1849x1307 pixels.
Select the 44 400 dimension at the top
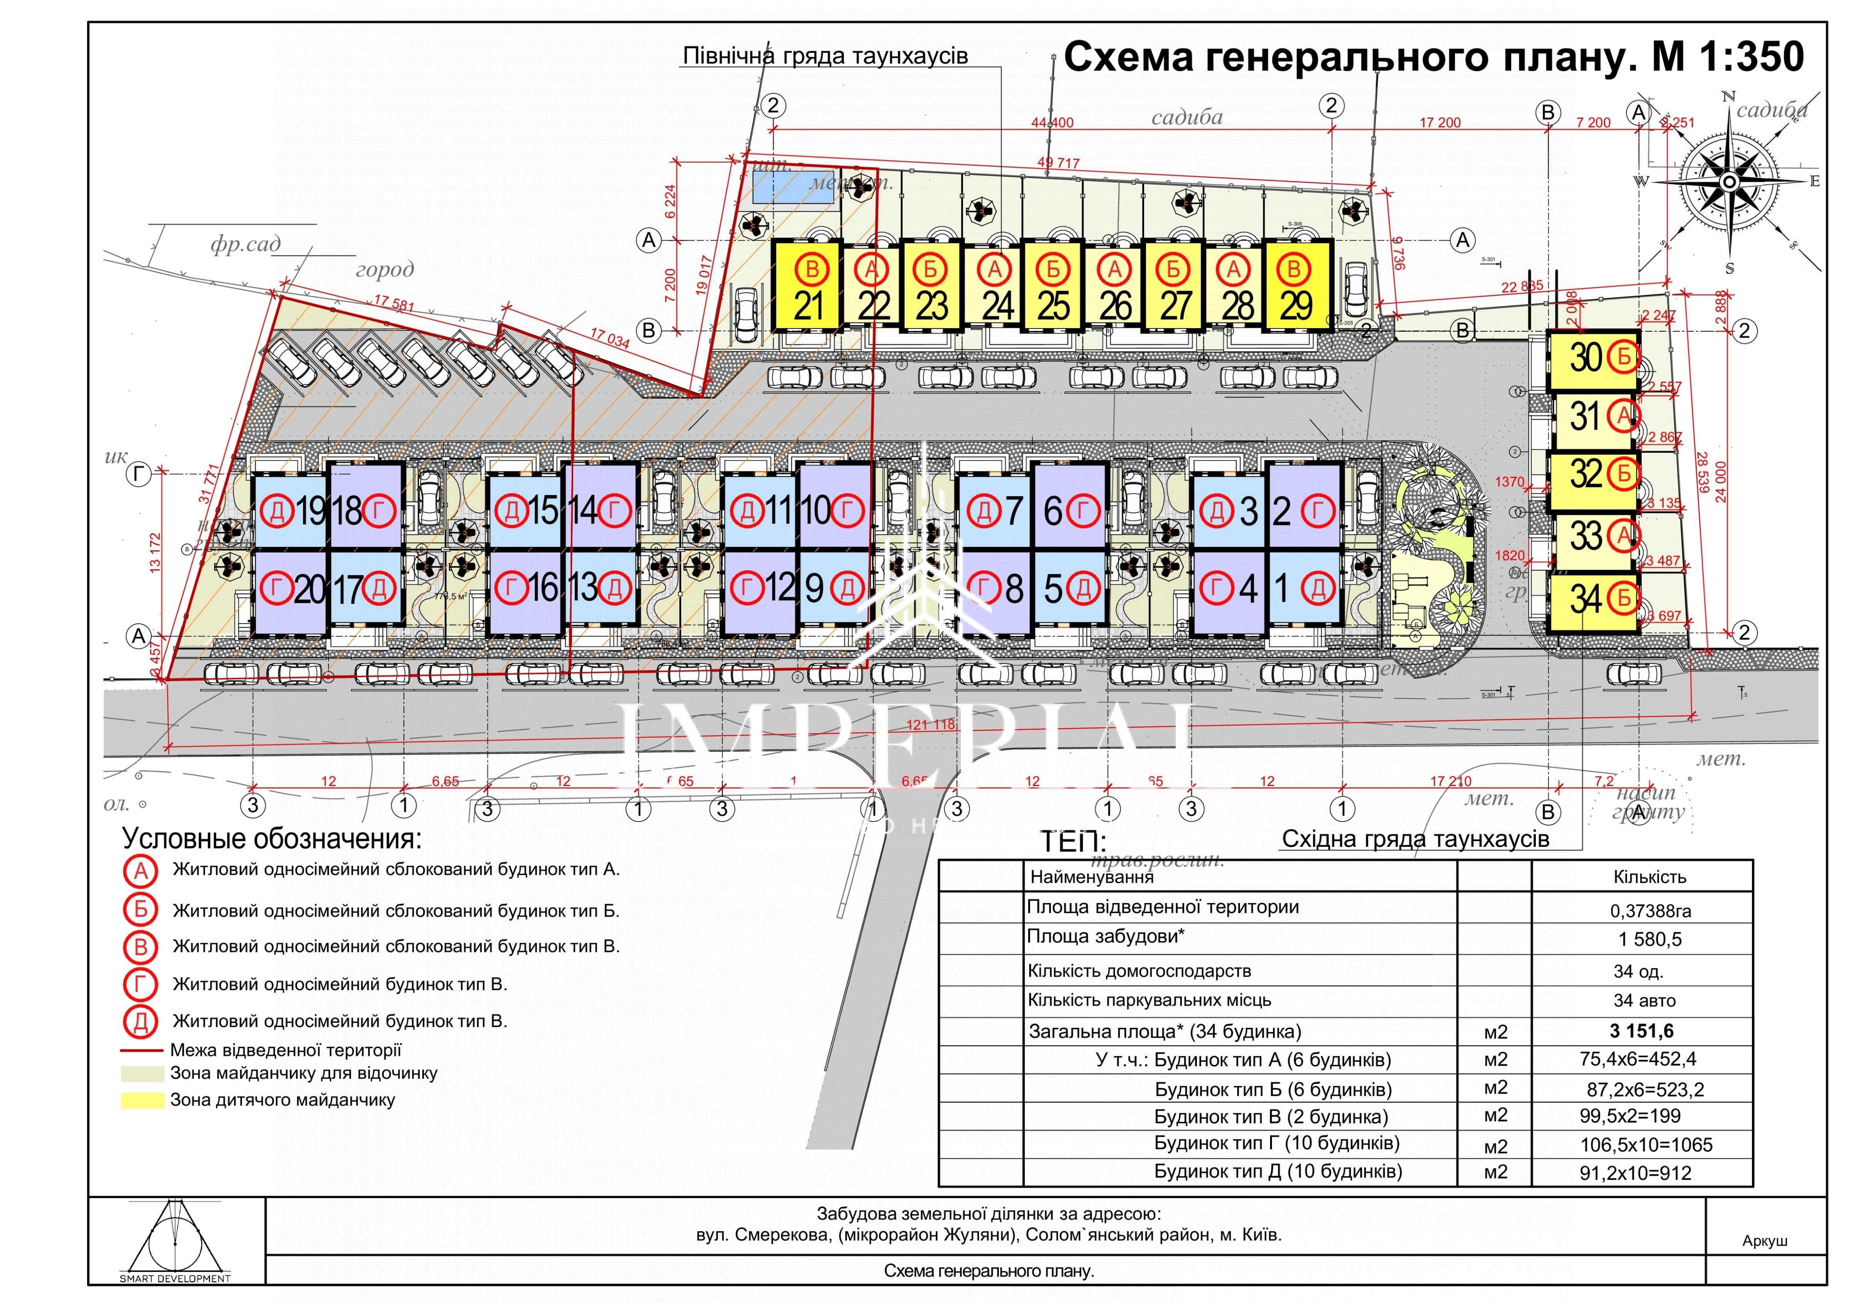coord(1052,122)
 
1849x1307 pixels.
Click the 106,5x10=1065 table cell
coord(1646,1144)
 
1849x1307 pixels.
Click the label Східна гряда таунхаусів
coord(1415,839)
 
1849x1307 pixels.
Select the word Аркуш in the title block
coord(1764,1241)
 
